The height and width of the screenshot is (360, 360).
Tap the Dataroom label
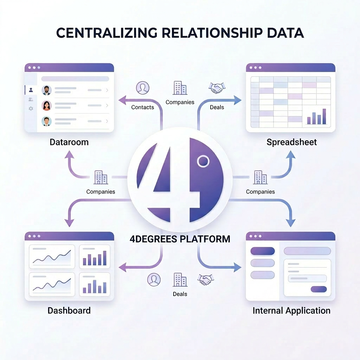pyautogui.click(x=69, y=142)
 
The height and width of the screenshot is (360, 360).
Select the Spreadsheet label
pyautogui.click(x=291, y=142)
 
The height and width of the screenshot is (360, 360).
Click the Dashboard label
pyautogui.click(x=69, y=310)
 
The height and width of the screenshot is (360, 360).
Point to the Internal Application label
pyautogui.click(x=291, y=310)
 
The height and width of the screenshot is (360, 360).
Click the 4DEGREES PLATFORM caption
pyautogui.click(x=180, y=239)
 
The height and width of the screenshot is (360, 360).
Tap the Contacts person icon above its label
pyautogui.click(x=142, y=88)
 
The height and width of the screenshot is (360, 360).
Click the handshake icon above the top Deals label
pyautogui.click(x=217, y=88)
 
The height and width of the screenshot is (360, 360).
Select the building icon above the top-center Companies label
pyautogui.click(x=180, y=88)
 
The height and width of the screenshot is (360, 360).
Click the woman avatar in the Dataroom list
pyautogui.click(x=46, y=105)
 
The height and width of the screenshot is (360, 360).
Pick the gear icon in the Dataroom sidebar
pyautogui.click(x=31, y=109)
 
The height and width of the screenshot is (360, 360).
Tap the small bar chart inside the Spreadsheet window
pyautogui.click(x=316, y=117)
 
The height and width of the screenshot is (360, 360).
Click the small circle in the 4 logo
pyautogui.click(x=203, y=161)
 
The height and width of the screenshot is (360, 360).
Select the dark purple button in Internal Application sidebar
pyautogui.click(x=262, y=251)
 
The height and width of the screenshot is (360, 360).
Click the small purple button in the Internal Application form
pyautogui.click(x=319, y=289)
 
